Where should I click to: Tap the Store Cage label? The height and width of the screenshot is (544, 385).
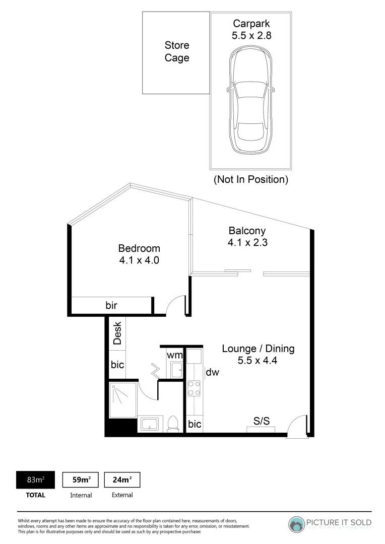click(x=177, y=52)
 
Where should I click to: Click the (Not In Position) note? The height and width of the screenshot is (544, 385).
click(x=250, y=179)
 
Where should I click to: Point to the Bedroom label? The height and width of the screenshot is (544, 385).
click(x=139, y=248)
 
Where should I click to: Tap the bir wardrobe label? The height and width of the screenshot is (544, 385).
click(x=111, y=305)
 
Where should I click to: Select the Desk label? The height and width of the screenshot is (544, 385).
click(x=117, y=333)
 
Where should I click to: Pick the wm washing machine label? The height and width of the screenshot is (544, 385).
click(x=175, y=355)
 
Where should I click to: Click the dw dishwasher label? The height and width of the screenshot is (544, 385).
click(x=212, y=373)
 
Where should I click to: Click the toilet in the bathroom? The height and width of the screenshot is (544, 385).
click(x=172, y=424)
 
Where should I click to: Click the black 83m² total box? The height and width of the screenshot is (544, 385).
click(x=36, y=480)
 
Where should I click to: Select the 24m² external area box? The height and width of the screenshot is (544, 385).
click(x=122, y=480)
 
